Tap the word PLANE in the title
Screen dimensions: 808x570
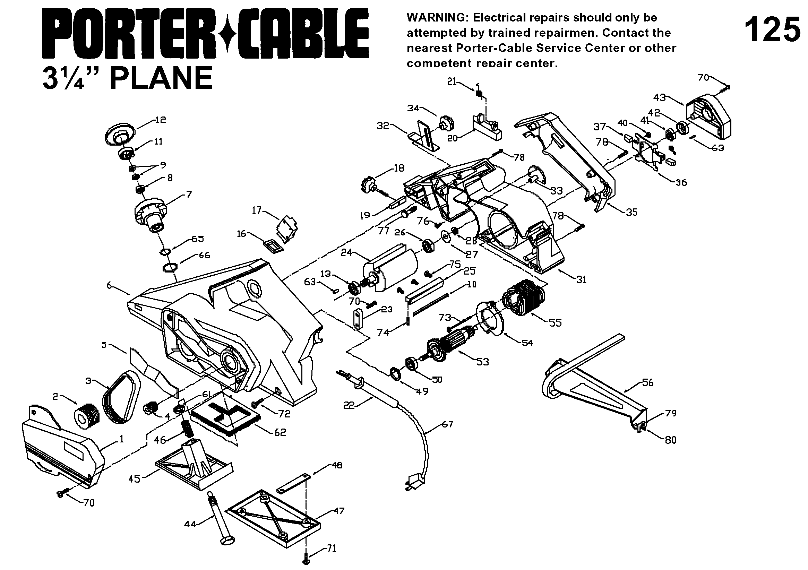click(162, 78)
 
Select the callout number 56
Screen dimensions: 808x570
click(648, 382)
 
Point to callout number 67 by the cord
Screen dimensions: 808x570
click(447, 424)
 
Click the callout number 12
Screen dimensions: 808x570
click(161, 120)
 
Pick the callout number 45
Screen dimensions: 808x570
click(135, 479)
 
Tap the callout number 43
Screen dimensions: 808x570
click(660, 97)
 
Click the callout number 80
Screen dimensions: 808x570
click(671, 440)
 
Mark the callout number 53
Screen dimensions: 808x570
click(483, 362)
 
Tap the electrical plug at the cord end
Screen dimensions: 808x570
click(414, 482)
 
